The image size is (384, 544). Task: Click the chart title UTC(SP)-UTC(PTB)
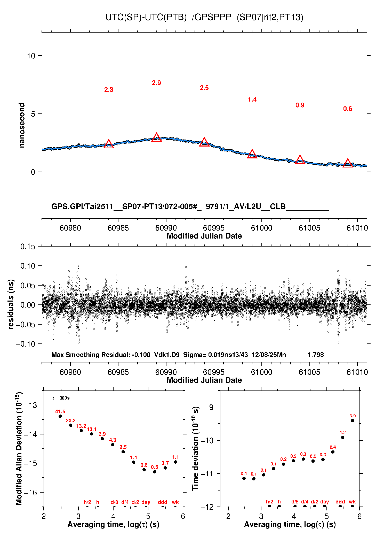[146, 17]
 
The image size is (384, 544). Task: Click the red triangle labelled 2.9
[156, 137]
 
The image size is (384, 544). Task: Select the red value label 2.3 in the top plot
[109, 90]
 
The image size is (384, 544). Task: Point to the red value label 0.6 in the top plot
[348, 109]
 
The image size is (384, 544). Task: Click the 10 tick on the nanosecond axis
[31, 56]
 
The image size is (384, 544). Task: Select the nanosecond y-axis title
[22, 125]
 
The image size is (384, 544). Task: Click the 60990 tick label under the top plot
[166, 228]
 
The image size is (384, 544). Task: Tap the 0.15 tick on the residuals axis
[28, 247]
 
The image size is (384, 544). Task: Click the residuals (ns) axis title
[11, 304]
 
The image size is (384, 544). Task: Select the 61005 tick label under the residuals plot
[309, 372]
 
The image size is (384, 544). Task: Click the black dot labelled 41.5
[60, 416]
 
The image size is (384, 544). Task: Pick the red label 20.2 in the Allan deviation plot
[71, 420]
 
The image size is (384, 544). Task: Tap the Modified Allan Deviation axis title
[19, 448]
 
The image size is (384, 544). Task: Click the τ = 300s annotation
[61, 398]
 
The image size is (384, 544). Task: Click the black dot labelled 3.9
[353, 420]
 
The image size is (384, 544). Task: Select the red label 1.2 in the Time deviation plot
[342, 433]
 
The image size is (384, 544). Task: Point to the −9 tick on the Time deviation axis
[209, 407]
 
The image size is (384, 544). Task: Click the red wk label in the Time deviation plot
[352, 502]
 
